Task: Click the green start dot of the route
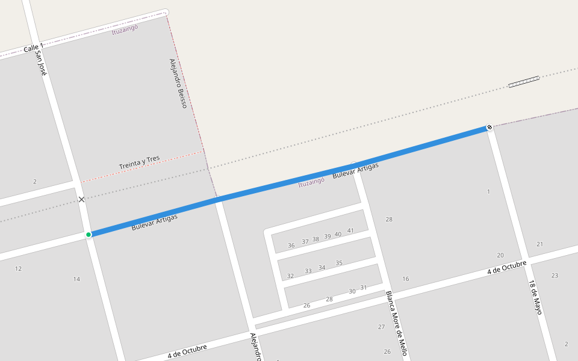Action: (x=89, y=234)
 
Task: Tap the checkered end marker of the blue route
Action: (x=489, y=127)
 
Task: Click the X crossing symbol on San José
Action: (x=81, y=199)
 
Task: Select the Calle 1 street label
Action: (x=33, y=48)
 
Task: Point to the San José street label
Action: (x=40, y=63)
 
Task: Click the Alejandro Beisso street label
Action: (x=178, y=83)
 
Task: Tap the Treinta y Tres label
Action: (x=139, y=162)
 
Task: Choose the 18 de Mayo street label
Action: (x=536, y=297)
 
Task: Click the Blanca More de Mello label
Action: (x=397, y=323)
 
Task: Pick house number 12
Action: (x=18, y=268)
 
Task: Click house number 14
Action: (x=76, y=279)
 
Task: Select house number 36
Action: (x=291, y=245)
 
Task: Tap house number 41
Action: (x=350, y=231)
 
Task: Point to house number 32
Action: (x=290, y=276)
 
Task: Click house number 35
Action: (x=339, y=263)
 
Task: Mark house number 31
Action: (x=364, y=288)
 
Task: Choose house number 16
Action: (x=406, y=279)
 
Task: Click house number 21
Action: (x=539, y=244)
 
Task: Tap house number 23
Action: (x=555, y=276)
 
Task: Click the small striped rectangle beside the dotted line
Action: (x=523, y=82)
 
